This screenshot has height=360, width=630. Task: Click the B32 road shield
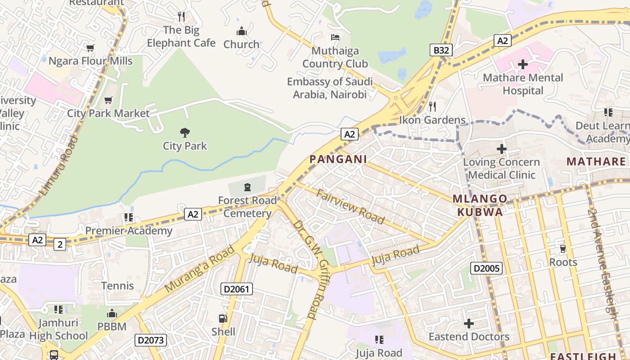coord(441,50)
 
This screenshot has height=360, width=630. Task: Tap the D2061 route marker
coord(236,289)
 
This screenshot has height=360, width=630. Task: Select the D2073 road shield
coord(150,340)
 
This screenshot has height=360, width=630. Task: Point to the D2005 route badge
coord(486,269)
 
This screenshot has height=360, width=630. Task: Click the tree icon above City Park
coord(184,132)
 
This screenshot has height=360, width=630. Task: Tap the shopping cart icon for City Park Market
coord(108,100)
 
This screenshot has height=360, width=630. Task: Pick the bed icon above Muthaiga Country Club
coord(335,37)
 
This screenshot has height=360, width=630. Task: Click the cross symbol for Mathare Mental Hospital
coord(522,64)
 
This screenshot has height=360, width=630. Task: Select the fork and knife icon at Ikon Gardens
coord(432,107)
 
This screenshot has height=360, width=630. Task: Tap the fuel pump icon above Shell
coord(223,319)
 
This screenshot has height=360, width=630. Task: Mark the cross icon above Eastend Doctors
coord(469,324)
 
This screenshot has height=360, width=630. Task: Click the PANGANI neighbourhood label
coord(338,159)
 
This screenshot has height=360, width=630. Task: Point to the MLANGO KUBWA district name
coord(480,205)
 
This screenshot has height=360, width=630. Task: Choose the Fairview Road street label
coord(351,207)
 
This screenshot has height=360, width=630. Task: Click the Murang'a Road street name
coord(200,269)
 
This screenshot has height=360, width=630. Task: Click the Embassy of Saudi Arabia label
coord(330,88)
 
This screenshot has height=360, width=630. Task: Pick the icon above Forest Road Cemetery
coord(247,187)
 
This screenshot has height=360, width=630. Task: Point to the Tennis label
coord(117,286)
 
